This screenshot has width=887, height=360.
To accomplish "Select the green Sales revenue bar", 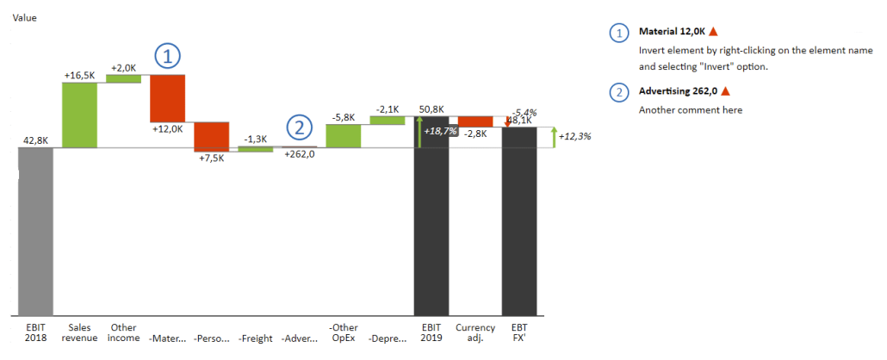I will [79, 115].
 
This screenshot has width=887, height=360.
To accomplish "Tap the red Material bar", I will [167, 97].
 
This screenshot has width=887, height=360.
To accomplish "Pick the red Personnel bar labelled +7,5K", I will [211, 136].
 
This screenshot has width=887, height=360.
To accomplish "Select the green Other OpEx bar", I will [344, 135].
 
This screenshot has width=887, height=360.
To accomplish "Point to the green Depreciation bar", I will [388, 120].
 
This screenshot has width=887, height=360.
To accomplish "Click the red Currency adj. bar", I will [475, 121].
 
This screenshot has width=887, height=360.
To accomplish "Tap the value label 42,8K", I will [35, 140].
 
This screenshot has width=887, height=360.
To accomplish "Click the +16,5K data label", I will [79, 76].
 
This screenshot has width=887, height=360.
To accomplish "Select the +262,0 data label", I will [299, 155].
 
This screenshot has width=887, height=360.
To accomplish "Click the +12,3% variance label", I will [574, 136].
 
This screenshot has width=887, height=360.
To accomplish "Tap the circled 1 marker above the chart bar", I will [168, 58].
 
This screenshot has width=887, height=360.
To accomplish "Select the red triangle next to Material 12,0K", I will [713, 32].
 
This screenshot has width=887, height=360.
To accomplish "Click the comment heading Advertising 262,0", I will [679, 90].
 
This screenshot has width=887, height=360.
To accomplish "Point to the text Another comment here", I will [690, 109].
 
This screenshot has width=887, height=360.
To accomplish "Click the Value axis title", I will [25, 17].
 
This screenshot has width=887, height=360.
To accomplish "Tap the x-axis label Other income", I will [123, 332].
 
